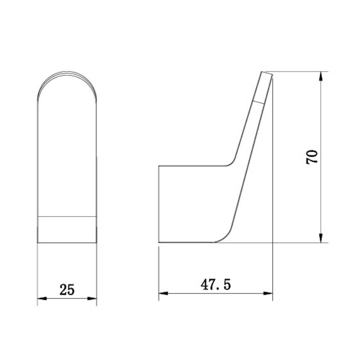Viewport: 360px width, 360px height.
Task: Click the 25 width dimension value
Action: [67, 289]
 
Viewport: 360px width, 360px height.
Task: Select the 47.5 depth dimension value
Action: [216, 285]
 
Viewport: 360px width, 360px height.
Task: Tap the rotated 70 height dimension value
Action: [312, 157]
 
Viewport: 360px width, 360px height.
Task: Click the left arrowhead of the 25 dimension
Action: [42, 298]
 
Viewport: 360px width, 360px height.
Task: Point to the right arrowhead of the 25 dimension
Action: [92, 298]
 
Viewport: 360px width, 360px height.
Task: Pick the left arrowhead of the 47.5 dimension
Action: [163, 293]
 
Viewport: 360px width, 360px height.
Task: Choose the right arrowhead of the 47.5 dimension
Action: [268, 293]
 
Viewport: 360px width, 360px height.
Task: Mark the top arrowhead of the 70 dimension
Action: [321, 76]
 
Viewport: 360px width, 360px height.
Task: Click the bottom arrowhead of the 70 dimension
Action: [321, 238]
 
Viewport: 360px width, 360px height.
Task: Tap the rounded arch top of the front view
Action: [67, 72]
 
